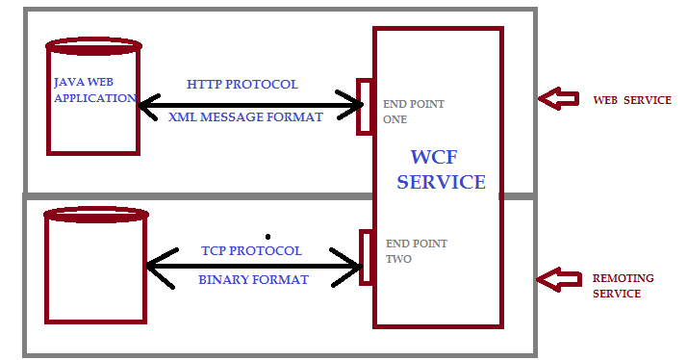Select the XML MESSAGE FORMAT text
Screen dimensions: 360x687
pos(245,116)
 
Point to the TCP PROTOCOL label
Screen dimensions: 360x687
pos(251,250)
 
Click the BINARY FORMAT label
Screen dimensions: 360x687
pos(253,280)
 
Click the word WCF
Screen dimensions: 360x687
pos(441,157)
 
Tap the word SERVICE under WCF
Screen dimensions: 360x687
pos(441,181)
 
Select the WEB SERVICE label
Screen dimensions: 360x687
pos(631,100)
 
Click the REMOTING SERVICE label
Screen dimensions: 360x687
pos(623,286)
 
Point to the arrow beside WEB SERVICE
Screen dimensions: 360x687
pos(558,98)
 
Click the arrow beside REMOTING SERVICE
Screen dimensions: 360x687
pos(558,280)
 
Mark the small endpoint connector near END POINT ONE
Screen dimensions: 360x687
pos(365,106)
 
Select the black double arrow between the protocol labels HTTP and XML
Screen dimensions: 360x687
pos(250,100)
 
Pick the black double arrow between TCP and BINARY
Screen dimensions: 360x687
pos(253,265)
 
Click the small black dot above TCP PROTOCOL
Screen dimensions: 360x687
pos(267,236)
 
